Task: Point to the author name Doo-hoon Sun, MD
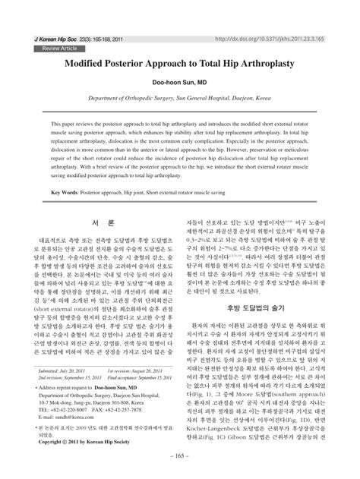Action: coord(179,84)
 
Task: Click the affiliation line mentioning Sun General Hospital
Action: coord(180,99)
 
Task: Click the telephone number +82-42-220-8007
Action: coord(76,411)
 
